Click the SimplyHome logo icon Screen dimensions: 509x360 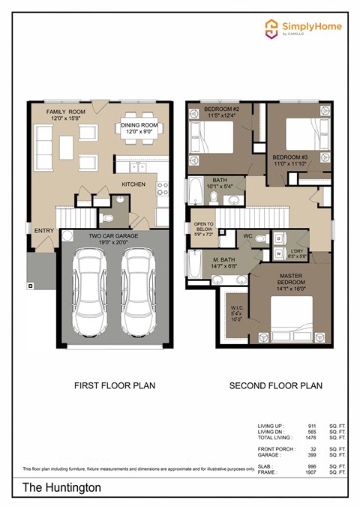tap(271, 28)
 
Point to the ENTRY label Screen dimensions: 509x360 tap(44, 231)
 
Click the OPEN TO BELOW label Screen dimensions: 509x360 tap(204, 229)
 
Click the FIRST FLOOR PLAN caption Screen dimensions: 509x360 tap(112, 387)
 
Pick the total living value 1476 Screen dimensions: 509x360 tap(313, 439)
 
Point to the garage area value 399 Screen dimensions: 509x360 tap(313, 455)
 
